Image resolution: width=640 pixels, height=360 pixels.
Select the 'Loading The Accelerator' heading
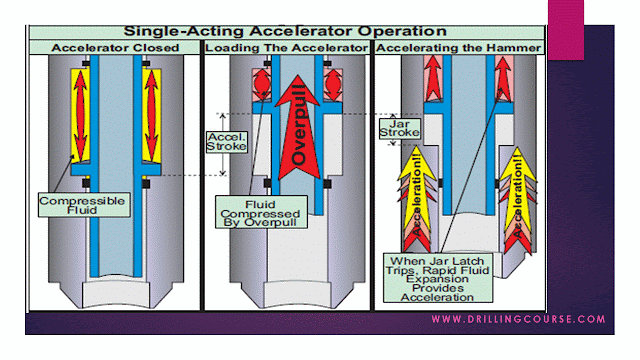tap(285, 47)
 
